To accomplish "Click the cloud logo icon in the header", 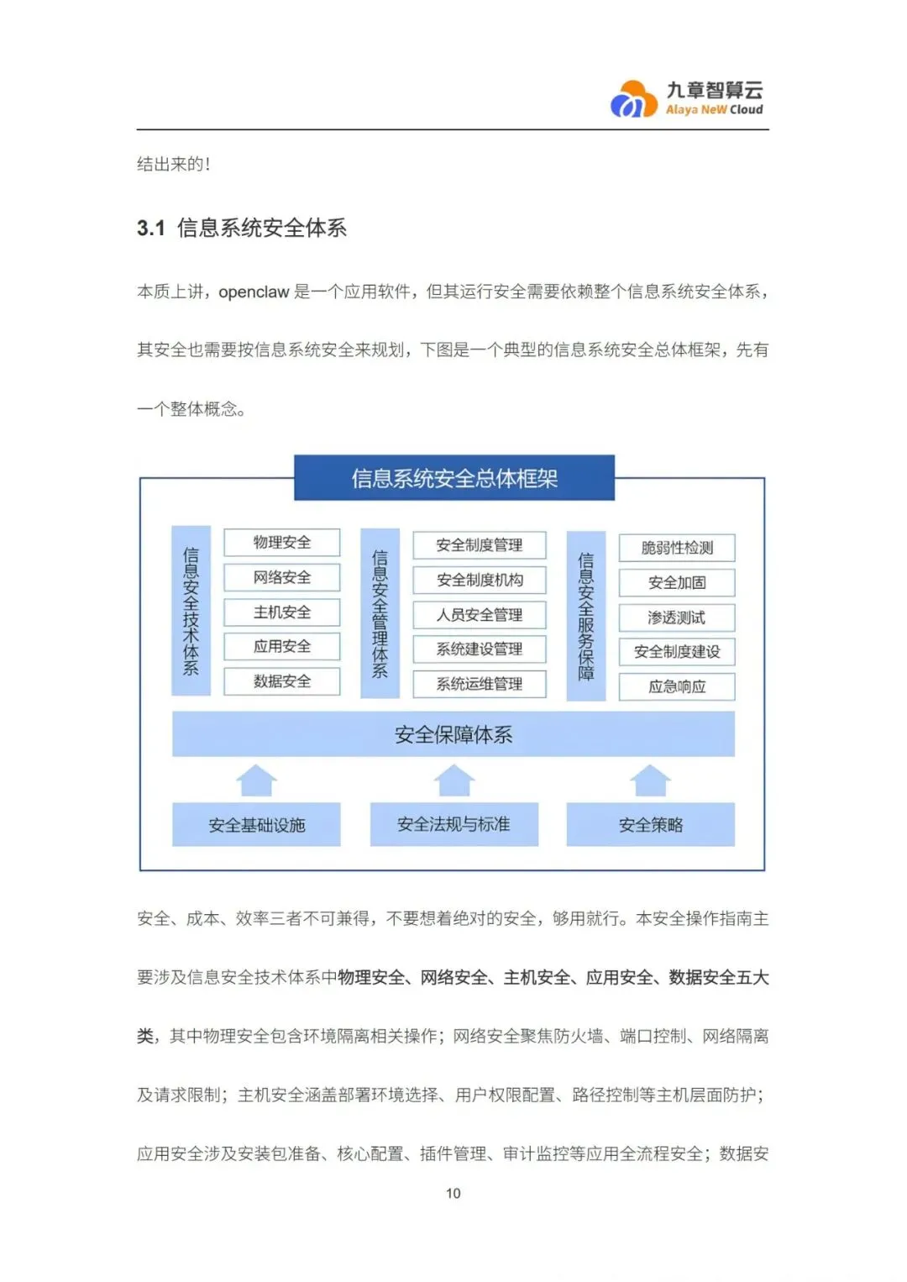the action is pyautogui.click(x=633, y=99).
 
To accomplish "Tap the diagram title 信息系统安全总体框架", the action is pyautogui.click(x=454, y=478).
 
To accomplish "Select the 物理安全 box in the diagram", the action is pyautogui.click(x=282, y=543).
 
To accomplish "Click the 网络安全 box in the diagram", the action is pyautogui.click(x=282, y=577).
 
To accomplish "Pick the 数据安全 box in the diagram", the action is pyautogui.click(x=282, y=681).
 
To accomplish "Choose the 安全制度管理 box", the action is pyautogui.click(x=480, y=545).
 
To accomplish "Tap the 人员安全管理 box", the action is pyautogui.click(x=480, y=615).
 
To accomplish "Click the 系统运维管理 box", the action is pyautogui.click(x=480, y=684).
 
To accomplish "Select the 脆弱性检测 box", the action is pyautogui.click(x=677, y=548).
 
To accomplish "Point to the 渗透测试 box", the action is pyautogui.click(x=677, y=617).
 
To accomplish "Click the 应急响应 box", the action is pyautogui.click(x=677, y=686).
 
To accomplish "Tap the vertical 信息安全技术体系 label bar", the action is pyautogui.click(x=191, y=611).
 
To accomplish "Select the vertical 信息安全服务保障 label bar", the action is pyautogui.click(x=586, y=616).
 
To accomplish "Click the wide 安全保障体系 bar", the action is pyautogui.click(x=453, y=735).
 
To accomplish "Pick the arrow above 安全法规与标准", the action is pyautogui.click(x=454, y=780).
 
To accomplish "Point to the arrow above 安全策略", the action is pyautogui.click(x=651, y=780).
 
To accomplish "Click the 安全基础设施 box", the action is pyautogui.click(x=257, y=825).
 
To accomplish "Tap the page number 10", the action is pyautogui.click(x=453, y=1193).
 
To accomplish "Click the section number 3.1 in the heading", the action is pyautogui.click(x=151, y=229).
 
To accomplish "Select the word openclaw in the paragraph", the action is pyautogui.click(x=254, y=292).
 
